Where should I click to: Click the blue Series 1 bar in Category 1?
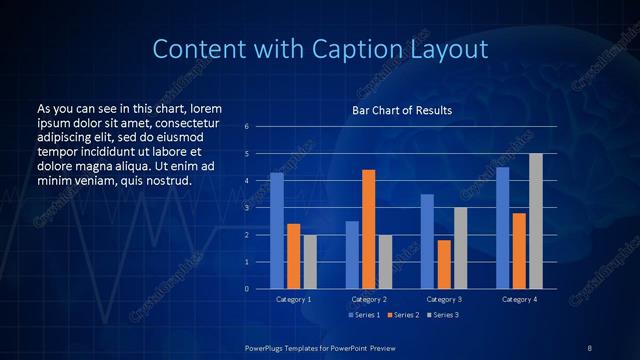pos(277,231)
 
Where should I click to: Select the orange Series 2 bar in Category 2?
pos(369,229)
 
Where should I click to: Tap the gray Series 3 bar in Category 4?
pos(536,221)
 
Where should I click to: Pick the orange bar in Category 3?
pos(444,264)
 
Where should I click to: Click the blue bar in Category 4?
pos(502,228)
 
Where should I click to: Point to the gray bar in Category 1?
pos(310,262)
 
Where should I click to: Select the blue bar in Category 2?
pos(352,255)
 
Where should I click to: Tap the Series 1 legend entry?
pos(364,315)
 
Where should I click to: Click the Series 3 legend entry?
pos(446,315)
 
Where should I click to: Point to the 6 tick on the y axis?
pos(246,127)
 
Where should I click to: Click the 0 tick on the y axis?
pos(246,289)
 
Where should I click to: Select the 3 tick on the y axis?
pos(246,208)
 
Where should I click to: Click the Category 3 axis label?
pos(444,299)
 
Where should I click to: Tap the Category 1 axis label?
pos(293,299)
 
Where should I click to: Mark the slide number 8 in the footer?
pos(590,346)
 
